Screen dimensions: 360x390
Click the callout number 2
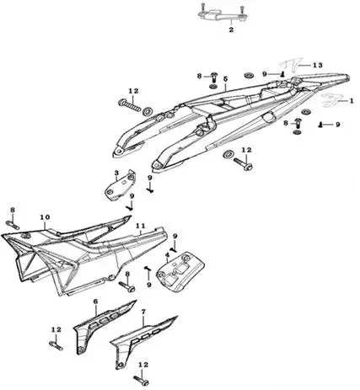(231, 29)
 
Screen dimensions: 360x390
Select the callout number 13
(318, 65)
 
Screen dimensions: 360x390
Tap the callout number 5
(225, 79)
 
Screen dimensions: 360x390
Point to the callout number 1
(351, 100)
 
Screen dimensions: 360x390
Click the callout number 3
(116, 173)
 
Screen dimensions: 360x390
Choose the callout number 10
(45, 217)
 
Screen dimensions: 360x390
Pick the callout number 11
(140, 226)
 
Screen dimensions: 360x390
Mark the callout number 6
(95, 302)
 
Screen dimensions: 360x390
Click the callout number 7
(143, 312)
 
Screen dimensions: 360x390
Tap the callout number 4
(168, 255)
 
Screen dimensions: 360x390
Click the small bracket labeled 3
(120, 185)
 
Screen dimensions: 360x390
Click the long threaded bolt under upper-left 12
(129, 105)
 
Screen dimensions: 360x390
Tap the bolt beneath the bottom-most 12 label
(142, 381)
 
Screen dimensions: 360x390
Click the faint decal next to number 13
(293, 66)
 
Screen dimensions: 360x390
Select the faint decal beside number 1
(330, 100)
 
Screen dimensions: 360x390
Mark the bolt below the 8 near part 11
(127, 286)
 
